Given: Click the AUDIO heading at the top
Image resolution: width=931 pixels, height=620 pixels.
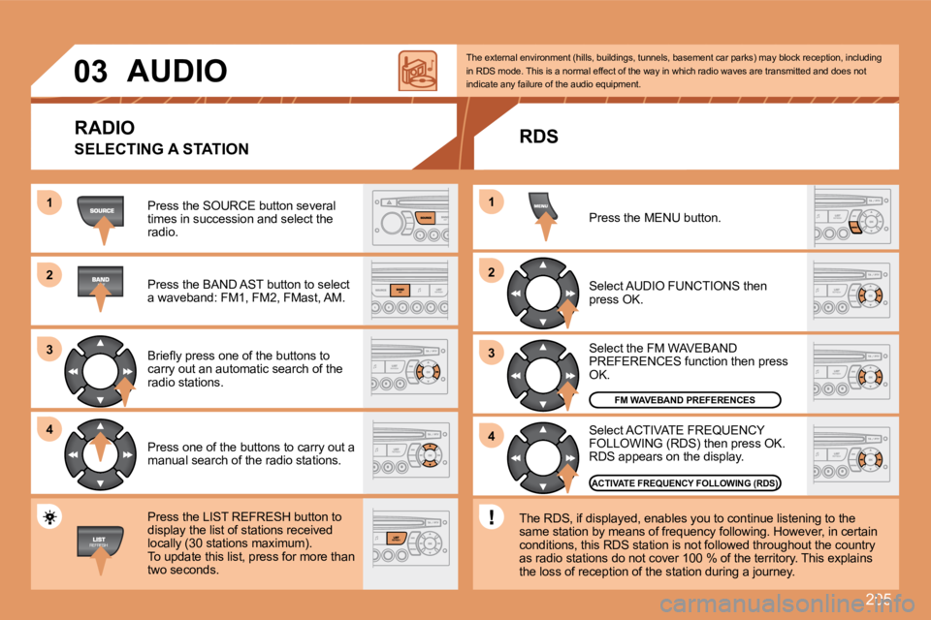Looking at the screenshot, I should tap(177, 71).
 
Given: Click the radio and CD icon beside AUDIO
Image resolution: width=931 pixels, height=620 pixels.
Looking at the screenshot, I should tap(418, 71).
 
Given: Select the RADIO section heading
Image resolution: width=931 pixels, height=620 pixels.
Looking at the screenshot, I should tap(104, 127).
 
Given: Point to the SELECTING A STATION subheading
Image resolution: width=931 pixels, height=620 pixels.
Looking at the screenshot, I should tap(161, 149).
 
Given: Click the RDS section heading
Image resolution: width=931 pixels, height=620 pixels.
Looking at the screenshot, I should tap(538, 138).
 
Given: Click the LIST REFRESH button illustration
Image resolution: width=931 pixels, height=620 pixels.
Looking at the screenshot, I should tap(100, 541).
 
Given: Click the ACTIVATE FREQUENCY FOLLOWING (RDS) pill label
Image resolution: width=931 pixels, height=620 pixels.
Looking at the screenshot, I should tap(685, 481).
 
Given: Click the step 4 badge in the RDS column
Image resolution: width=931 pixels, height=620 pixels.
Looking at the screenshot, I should tap(491, 437).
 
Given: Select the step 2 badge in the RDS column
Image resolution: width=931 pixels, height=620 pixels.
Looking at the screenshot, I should tap(491, 273).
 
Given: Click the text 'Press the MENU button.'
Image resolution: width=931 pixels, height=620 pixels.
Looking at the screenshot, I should tap(655, 218).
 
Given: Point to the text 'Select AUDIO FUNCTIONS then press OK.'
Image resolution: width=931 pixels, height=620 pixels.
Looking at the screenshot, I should tap(677, 293).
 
